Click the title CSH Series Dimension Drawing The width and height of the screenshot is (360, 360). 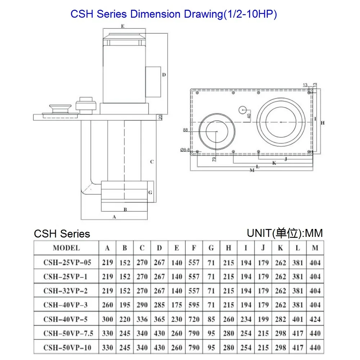point(174,14)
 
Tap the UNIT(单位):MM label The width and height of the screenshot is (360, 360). point(285,233)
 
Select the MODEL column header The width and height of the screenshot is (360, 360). point(66,248)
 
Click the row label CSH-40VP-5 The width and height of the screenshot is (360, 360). point(66,319)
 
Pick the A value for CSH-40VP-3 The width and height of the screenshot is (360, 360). point(107,305)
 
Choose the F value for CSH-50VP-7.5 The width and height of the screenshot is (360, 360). point(194,333)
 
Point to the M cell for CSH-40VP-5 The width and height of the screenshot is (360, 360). point(315,319)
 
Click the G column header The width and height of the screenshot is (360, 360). point(211,248)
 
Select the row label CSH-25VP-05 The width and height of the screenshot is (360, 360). point(67,262)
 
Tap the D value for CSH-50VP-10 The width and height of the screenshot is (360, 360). point(159,347)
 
